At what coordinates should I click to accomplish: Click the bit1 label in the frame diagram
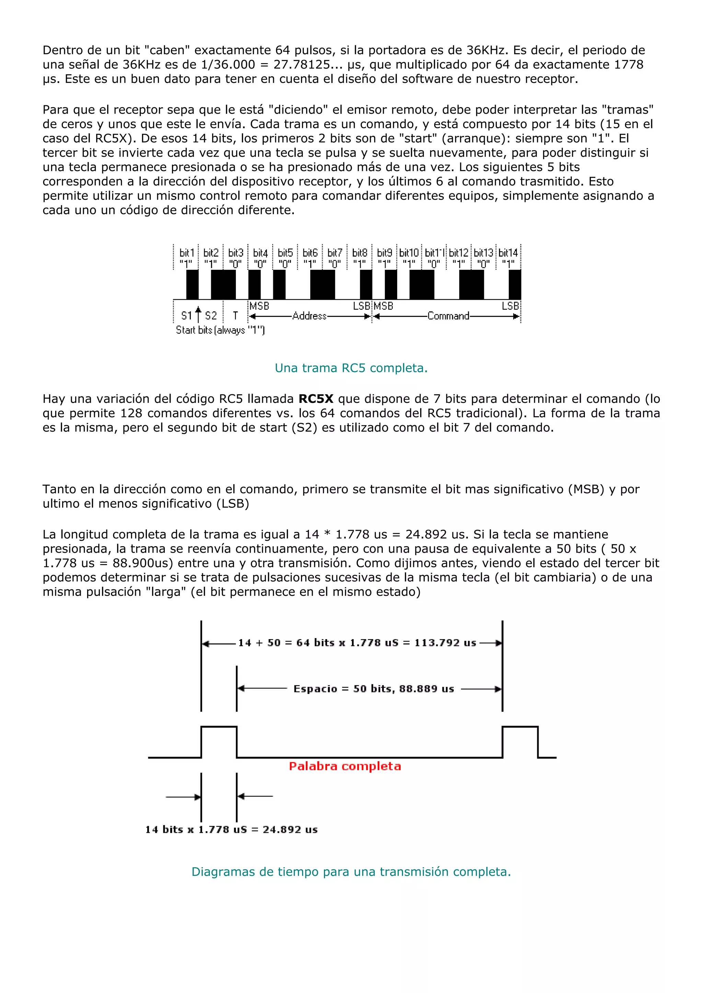tap(187, 253)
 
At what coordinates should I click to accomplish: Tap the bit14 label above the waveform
tap(508, 253)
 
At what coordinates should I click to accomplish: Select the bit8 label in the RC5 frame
tap(359, 253)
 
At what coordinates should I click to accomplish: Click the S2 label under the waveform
tap(211, 316)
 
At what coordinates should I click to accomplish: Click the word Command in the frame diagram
tap(448, 316)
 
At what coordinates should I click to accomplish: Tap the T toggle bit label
tap(235, 316)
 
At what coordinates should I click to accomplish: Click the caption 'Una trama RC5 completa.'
tap(351, 368)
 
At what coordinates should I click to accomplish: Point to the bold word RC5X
tap(316, 399)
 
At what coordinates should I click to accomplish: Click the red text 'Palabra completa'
tap(345, 766)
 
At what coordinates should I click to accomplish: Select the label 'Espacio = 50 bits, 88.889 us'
tap(373, 689)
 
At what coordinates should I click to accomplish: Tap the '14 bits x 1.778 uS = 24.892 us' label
tap(232, 829)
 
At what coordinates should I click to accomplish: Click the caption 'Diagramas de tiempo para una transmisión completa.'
tap(351, 872)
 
